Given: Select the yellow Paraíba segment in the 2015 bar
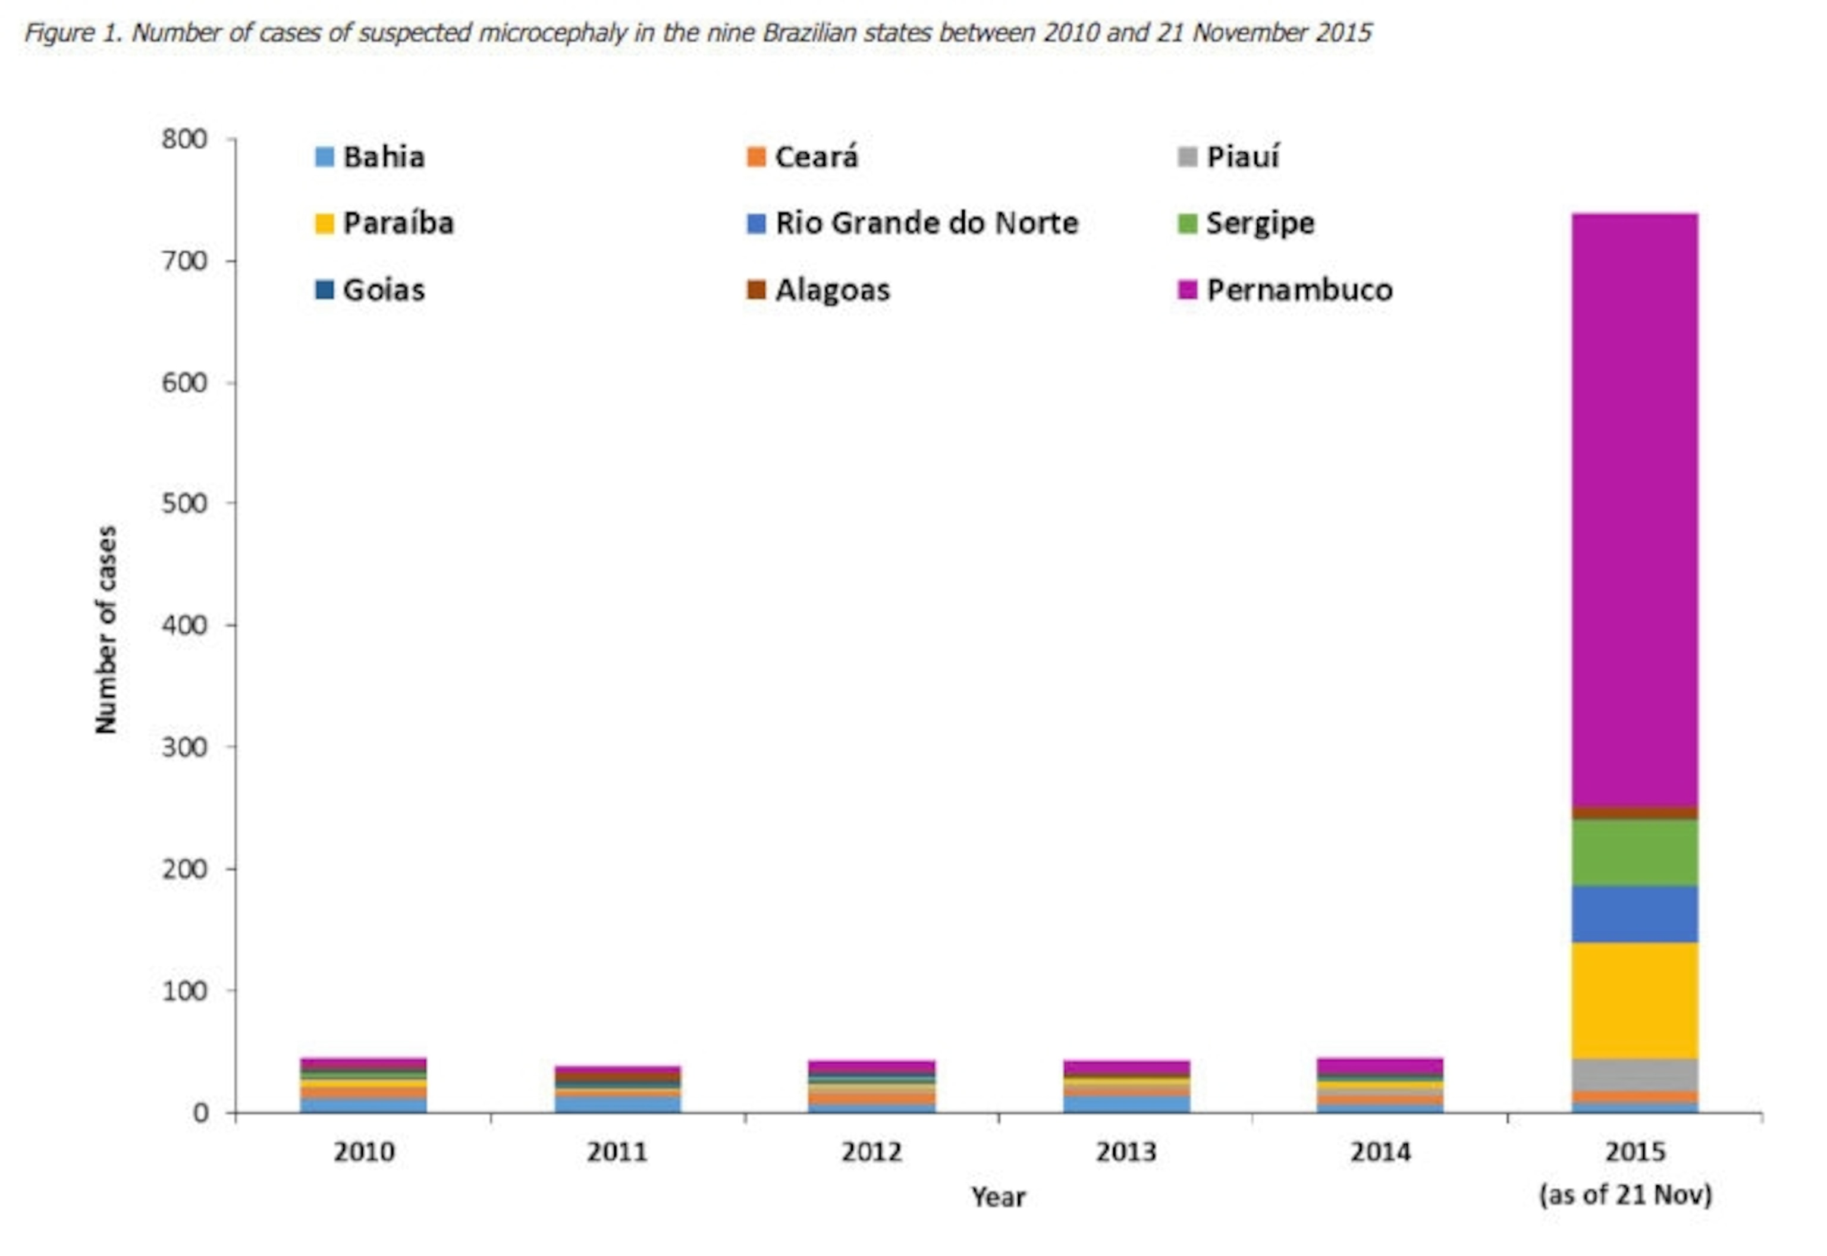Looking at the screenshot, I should tap(1634, 1000).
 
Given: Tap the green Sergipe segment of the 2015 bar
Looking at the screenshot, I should tap(1634, 853).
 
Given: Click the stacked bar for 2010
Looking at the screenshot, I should tap(363, 1085).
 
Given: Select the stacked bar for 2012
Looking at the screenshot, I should tap(871, 1087).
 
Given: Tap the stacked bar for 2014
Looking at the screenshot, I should tap(1380, 1085).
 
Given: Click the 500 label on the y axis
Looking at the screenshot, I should tap(184, 504).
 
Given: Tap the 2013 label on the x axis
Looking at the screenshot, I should tap(1126, 1152).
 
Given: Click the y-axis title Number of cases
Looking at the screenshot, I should tap(106, 630).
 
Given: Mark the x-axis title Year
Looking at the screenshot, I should tap(998, 1197).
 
